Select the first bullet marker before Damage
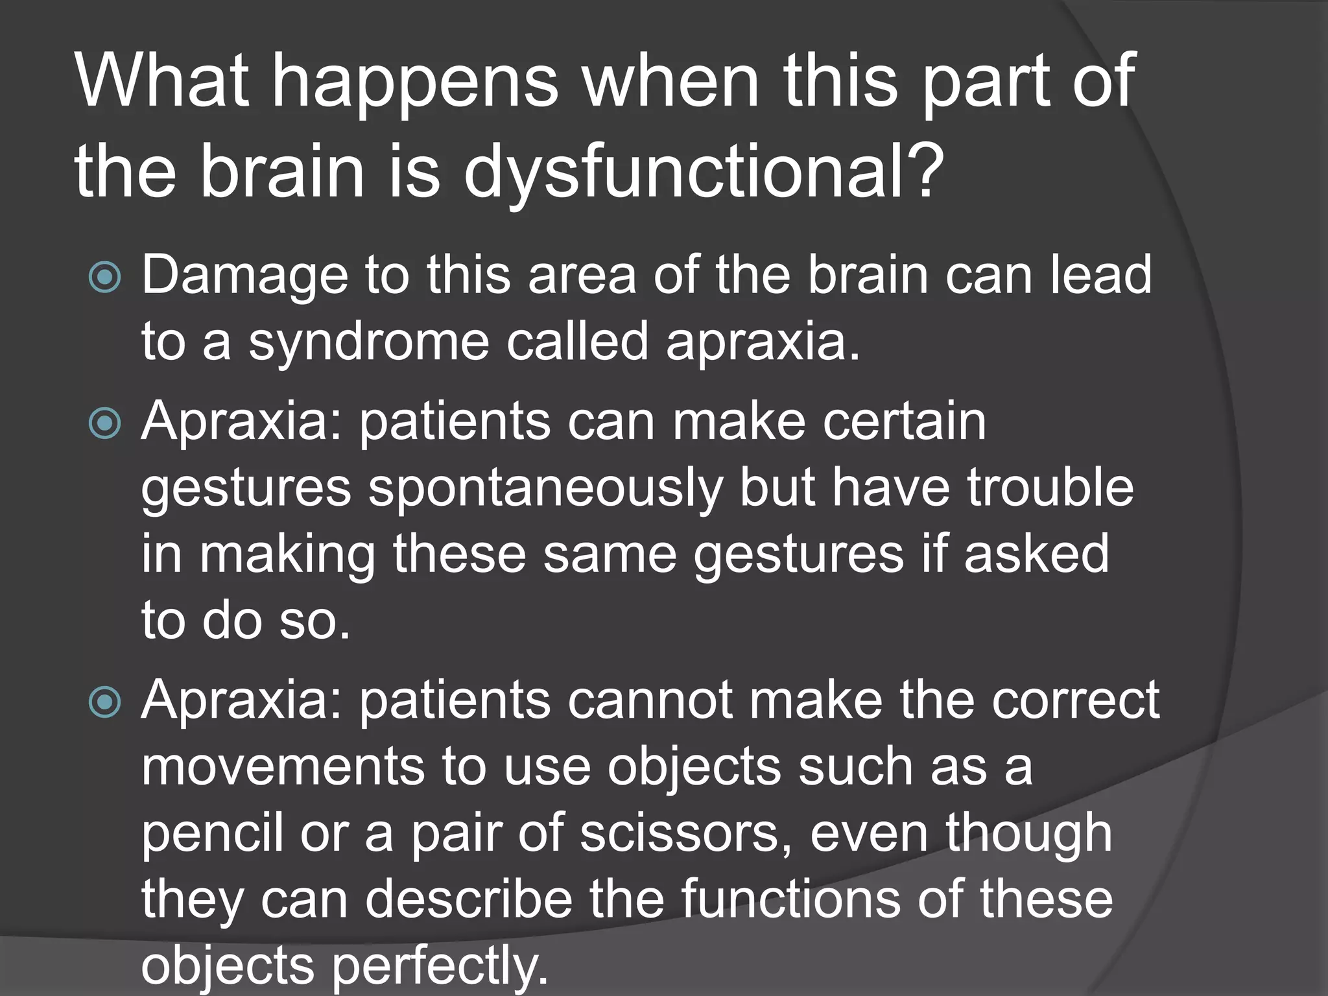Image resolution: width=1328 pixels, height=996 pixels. (x=104, y=278)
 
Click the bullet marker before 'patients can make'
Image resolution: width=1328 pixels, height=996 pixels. (x=104, y=424)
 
